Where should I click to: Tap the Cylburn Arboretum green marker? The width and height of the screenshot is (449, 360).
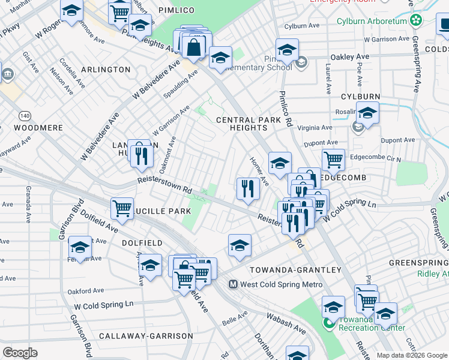[x=415, y=20]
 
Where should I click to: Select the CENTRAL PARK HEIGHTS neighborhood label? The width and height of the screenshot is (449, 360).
[x=241, y=124]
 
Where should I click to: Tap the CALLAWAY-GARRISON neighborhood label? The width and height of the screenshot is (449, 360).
[x=146, y=336]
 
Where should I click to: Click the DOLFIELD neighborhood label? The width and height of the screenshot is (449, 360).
[x=142, y=243]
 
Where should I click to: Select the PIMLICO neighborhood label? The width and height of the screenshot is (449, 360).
[x=176, y=11]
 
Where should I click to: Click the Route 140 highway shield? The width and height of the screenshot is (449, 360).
[x=24, y=115]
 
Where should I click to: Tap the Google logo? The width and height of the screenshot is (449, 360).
[x=20, y=353]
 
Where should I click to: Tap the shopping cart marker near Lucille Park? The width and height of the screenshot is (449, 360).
[x=122, y=208]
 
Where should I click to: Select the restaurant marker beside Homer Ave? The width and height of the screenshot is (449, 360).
[x=248, y=188]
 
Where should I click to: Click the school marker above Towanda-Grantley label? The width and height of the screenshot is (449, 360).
[x=240, y=245]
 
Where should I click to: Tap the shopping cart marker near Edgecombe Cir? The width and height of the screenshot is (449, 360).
[x=333, y=160]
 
